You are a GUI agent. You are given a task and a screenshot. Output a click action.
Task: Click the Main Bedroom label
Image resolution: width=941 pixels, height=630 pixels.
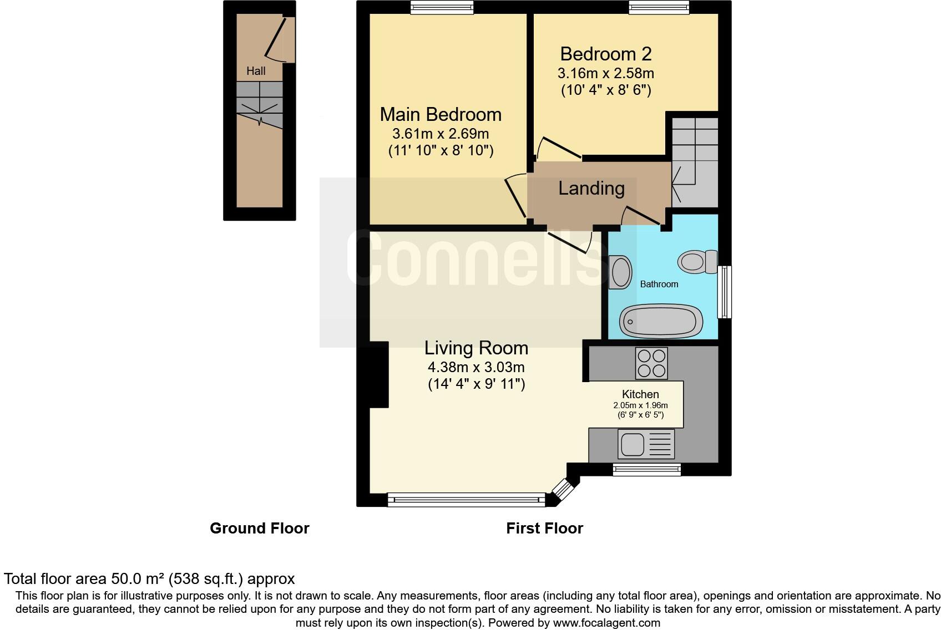click(441, 114)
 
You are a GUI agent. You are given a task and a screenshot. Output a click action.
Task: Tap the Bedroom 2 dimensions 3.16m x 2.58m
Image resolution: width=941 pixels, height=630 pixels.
click(605, 73)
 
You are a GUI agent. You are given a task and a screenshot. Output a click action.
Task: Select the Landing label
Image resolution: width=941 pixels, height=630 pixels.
click(591, 189)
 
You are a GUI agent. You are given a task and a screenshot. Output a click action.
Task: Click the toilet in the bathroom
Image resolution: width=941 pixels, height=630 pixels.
click(697, 261)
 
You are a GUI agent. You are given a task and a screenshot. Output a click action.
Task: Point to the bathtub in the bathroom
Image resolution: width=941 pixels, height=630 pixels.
click(661, 320)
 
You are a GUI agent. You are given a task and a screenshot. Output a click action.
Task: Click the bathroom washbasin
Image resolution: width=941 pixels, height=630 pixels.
click(620, 272)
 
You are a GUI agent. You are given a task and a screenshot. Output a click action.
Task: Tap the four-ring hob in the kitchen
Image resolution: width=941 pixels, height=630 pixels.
click(651, 363)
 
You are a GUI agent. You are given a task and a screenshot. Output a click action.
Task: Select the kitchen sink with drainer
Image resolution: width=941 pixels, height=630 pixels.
click(647, 444)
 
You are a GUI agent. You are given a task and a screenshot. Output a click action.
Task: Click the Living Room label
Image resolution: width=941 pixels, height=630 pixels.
click(476, 348)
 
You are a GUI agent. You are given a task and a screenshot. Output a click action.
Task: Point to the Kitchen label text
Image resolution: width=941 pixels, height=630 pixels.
click(640, 394)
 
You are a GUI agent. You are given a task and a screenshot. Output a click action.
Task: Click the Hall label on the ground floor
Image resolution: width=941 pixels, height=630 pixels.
click(256, 71)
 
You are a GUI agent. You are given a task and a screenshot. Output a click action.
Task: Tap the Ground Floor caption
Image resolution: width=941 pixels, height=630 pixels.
click(259, 528)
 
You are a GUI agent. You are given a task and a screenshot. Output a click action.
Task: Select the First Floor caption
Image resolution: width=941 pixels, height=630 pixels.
click(544, 528)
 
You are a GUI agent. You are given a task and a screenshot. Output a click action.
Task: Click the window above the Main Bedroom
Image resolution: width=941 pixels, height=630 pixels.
click(442, 7)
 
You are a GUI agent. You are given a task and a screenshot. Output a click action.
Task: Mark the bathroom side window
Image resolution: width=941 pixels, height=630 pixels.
click(725, 292)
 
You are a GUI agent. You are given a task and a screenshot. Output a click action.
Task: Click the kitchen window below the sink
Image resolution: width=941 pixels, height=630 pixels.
click(646, 470)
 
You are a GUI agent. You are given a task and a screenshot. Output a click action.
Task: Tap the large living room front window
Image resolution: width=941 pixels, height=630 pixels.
click(466, 500)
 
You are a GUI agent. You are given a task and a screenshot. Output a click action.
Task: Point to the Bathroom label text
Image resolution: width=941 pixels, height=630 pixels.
click(659, 284)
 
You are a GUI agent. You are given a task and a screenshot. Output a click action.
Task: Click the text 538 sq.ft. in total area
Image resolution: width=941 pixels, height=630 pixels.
click(206, 579)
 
